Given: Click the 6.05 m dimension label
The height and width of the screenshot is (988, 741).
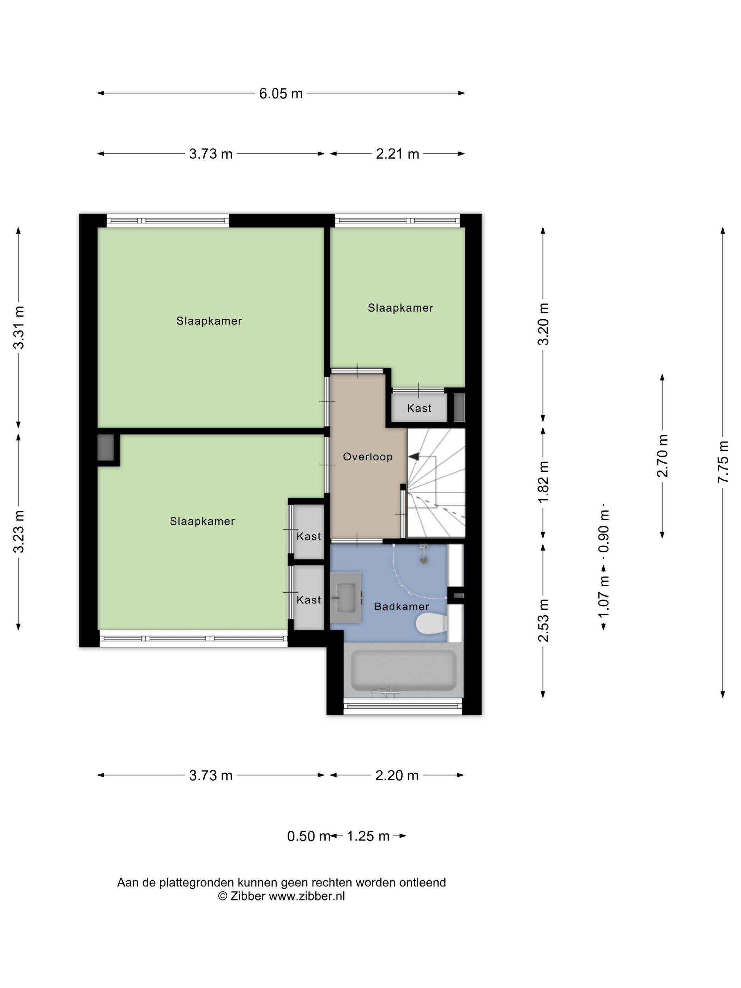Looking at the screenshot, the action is tap(281, 94).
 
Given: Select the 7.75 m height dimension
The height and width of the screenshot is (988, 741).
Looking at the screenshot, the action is tap(723, 462).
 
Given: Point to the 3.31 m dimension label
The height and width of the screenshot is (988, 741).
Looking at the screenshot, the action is tap(19, 327).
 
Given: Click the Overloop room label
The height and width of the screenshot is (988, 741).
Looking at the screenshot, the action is tap(368, 457).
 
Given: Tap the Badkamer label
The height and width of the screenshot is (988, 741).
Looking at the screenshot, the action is tap(402, 606).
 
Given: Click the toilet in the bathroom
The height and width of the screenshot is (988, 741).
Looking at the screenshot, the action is tap(432, 623).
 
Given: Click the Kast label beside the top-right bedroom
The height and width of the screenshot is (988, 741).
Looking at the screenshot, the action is tap(419, 408).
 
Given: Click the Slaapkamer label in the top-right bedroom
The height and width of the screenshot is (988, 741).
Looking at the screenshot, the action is tap(400, 308).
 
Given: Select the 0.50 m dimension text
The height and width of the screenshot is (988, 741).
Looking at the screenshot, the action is tap(308, 836).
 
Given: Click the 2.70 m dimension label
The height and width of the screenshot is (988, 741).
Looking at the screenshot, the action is tap(662, 456).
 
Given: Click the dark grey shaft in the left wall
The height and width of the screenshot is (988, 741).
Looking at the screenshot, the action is tap(106, 447).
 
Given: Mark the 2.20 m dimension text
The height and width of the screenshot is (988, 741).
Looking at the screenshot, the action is tap(397, 775).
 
